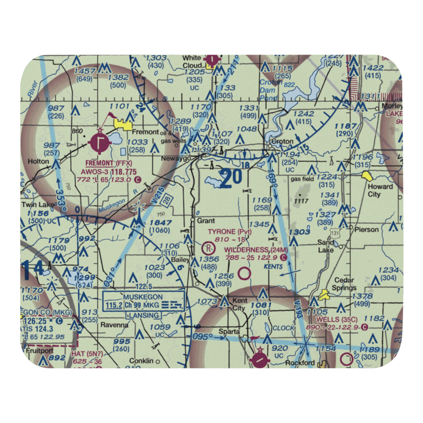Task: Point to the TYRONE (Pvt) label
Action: pos(229,232)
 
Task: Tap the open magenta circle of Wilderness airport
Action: pos(244,274)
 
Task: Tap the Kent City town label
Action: pos(240,305)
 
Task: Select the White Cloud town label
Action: pos(192,61)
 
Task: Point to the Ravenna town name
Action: pos(114,325)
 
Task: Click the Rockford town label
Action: pos(299,363)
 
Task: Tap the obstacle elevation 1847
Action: pos(160,222)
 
